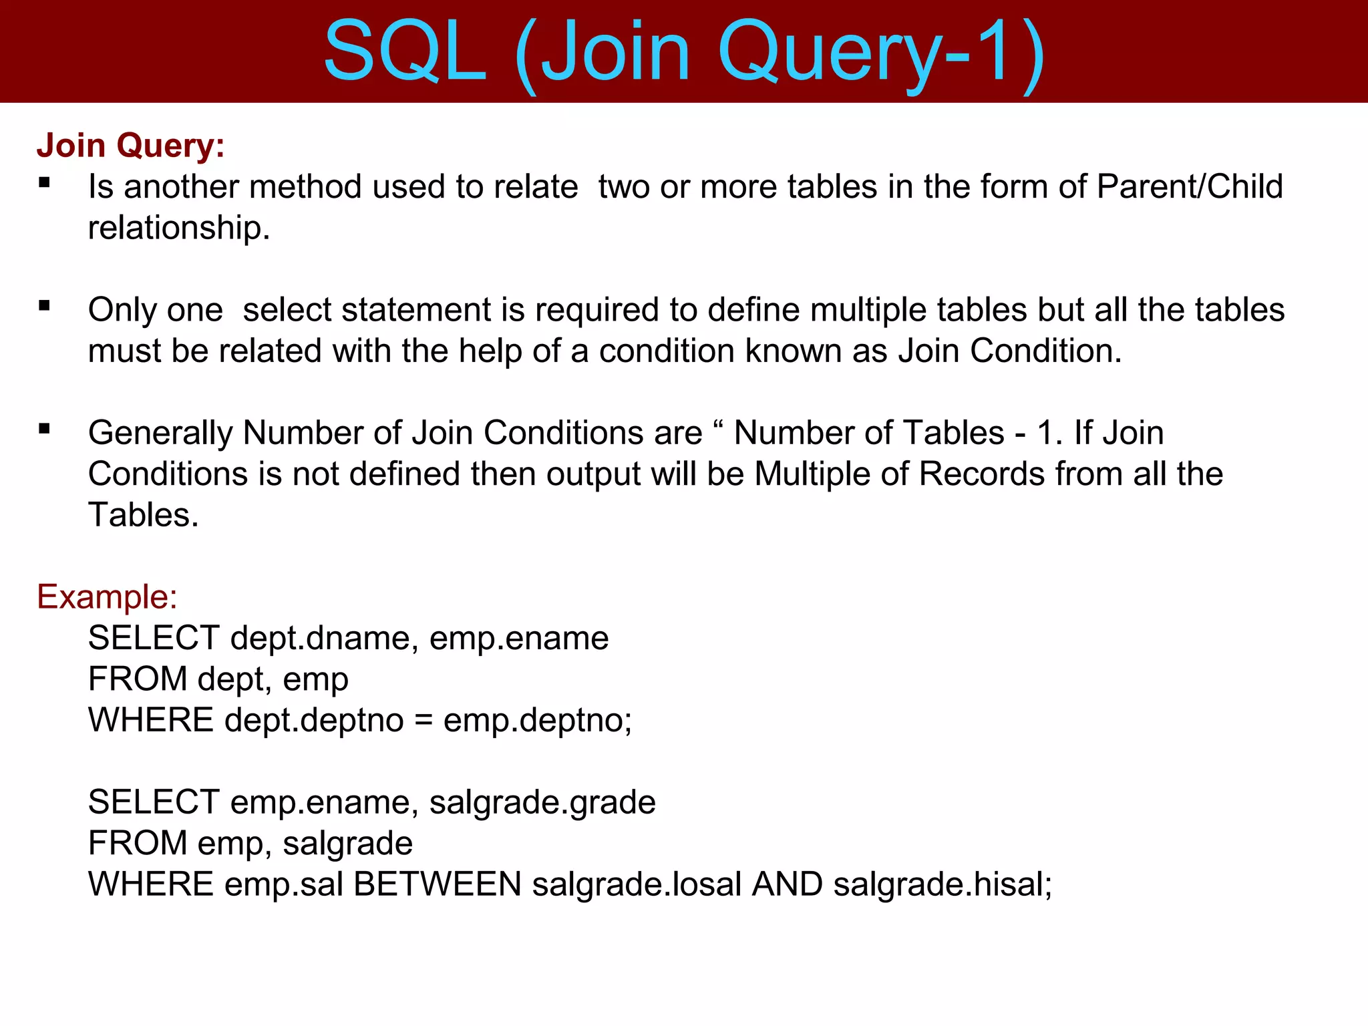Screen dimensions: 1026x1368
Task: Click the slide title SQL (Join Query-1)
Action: [x=684, y=52]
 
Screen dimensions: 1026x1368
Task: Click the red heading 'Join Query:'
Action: [x=130, y=146]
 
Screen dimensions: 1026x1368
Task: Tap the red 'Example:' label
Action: [x=107, y=596]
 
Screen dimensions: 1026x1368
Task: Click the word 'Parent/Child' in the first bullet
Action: [x=1189, y=186]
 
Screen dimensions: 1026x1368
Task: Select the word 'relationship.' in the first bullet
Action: [x=179, y=228]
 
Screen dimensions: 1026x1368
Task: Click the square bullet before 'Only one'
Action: [x=45, y=306]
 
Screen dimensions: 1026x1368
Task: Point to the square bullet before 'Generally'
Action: [x=45, y=429]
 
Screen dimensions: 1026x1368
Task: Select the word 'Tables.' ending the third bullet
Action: [x=144, y=515]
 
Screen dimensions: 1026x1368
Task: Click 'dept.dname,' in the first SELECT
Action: [x=325, y=638]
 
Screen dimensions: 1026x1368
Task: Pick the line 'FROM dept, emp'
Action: [x=218, y=679]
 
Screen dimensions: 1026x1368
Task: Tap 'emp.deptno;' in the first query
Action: [x=538, y=721]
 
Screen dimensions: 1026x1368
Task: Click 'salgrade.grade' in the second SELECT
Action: [x=542, y=802]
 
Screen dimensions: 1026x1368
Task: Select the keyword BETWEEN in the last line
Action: [x=438, y=884]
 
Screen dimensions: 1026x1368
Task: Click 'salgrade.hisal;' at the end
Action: [x=943, y=884]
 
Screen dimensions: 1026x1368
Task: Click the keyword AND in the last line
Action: [x=788, y=884]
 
